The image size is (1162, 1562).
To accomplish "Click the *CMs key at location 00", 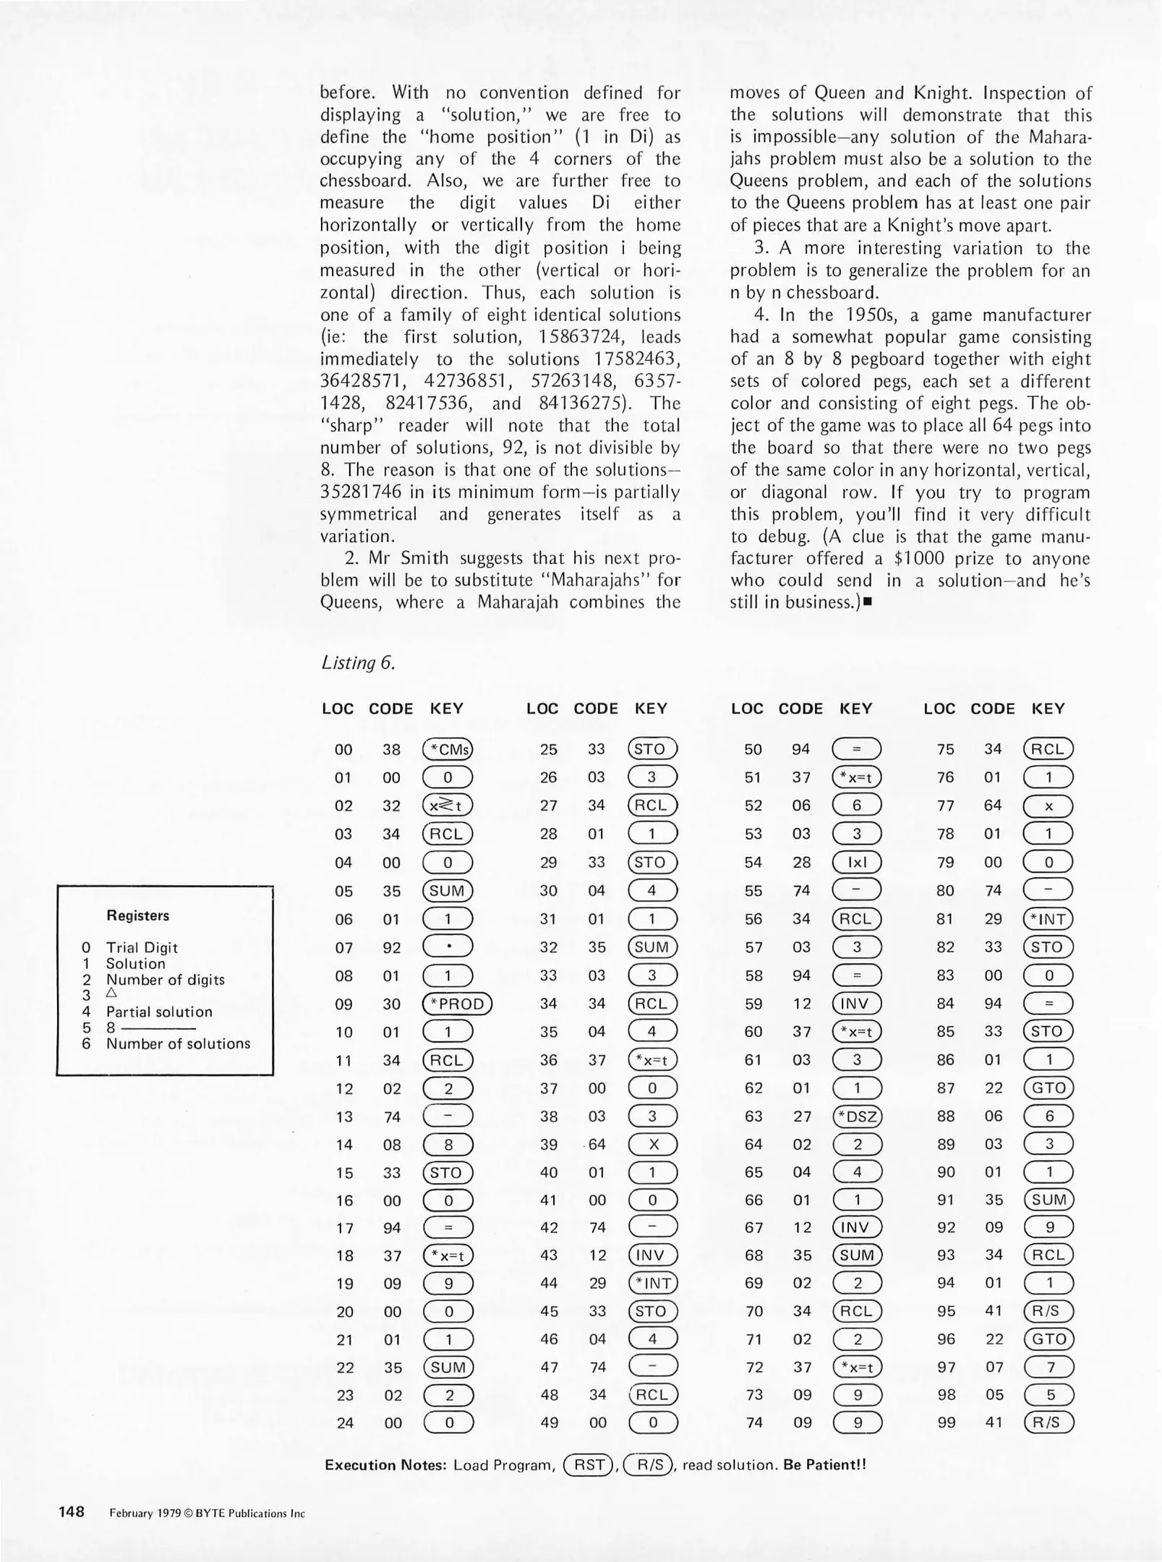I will [447, 749].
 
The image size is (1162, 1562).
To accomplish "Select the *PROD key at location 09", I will [456, 1004].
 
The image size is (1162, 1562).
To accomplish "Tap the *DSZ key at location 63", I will [857, 1117].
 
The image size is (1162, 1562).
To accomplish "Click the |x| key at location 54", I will [857, 862].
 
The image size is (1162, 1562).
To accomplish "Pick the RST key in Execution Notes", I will [588, 1465].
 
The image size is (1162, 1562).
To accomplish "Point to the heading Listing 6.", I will [358, 663].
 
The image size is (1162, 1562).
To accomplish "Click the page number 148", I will [72, 1512].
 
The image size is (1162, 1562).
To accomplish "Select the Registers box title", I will [137, 916].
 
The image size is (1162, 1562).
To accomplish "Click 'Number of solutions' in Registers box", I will [178, 1044].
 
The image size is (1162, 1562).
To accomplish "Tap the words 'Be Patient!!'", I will [824, 1465].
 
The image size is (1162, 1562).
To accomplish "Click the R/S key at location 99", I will [1048, 1423].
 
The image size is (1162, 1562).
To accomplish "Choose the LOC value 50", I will [753, 749].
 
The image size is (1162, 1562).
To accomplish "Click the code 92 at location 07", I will [391, 947].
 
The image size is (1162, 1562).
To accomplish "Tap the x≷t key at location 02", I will [447, 806].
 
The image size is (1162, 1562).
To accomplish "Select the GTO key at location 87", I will [1048, 1088].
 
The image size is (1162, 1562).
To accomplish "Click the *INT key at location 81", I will [1048, 919].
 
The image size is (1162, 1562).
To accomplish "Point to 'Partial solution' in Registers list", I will [159, 1012].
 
